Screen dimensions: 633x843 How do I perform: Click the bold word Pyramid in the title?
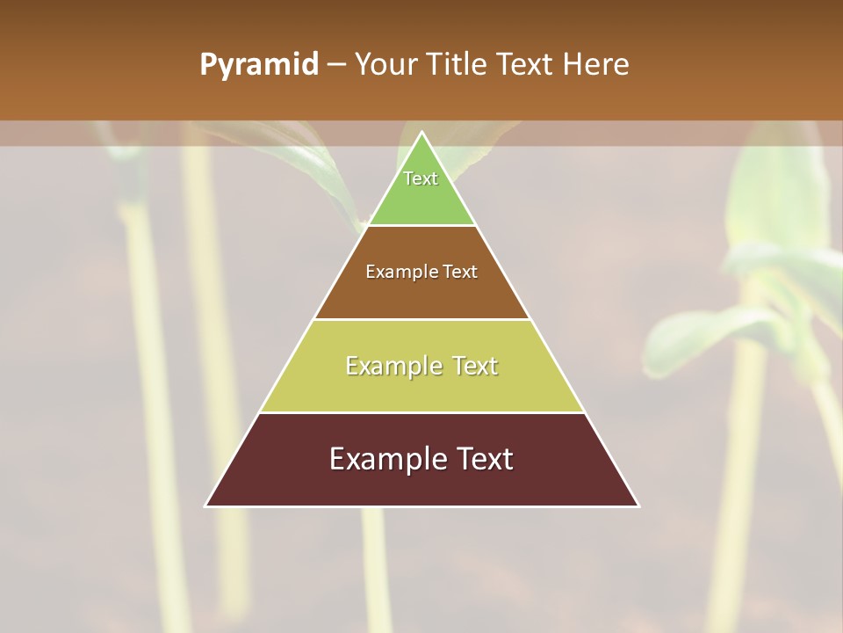(x=258, y=65)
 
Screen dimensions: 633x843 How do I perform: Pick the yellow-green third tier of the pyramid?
(x=421, y=387)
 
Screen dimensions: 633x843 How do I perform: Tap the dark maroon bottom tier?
(x=421, y=484)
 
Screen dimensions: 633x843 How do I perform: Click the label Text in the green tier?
(x=421, y=178)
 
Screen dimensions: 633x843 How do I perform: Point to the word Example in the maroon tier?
(x=385, y=459)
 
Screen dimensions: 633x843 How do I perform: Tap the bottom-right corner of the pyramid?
(x=638, y=506)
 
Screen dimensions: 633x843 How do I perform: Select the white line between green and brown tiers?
(x=421, y=225)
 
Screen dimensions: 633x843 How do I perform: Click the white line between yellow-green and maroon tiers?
(x=421, y=412)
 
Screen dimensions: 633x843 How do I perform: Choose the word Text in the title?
(x=528, y=64)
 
